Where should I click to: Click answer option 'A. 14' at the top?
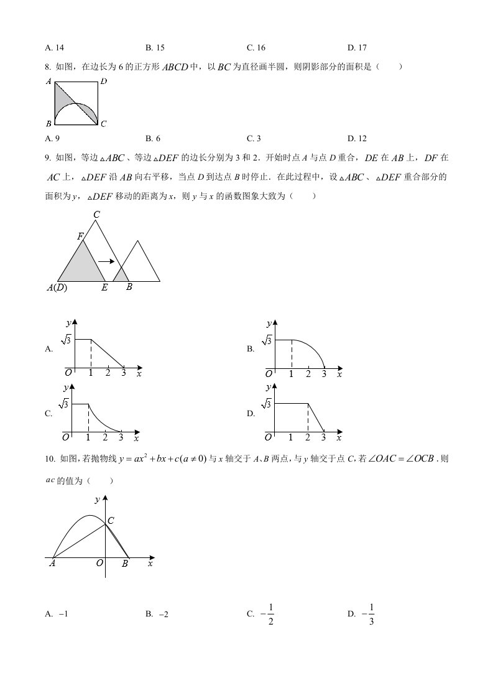click(55, 47)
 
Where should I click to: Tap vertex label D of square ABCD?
click(103, 81)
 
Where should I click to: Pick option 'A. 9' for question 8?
click(53, 138)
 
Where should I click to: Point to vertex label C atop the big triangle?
click(96, 215)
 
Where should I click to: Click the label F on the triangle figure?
click(80, 236)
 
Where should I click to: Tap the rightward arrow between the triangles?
click(106, 261)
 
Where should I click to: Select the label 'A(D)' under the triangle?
click(57, 287)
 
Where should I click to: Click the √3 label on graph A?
click(65, 340)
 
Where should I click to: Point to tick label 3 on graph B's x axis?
click(323, 373)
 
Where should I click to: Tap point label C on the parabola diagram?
click(111, 520)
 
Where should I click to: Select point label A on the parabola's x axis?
click(52, 564)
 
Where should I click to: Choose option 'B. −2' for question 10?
click(157, 614)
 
